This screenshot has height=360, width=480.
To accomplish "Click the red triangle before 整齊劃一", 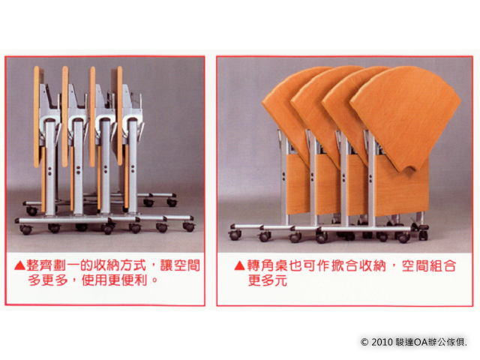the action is coord(20,265).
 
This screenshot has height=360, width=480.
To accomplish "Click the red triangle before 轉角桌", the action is coord(240,265).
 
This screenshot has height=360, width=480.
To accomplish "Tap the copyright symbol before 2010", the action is coord(364,342).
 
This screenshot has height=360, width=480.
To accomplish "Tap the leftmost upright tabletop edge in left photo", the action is coord(37,116).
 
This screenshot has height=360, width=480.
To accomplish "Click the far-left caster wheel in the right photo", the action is coord(235,235).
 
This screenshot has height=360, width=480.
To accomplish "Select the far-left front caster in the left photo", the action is coord(25,229).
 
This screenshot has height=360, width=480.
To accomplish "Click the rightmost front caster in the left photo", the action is coord(189,226).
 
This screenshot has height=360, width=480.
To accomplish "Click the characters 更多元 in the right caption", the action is coord(267,280).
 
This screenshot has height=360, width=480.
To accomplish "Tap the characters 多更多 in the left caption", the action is coord(47,280).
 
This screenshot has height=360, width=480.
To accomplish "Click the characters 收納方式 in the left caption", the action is coord(120,265).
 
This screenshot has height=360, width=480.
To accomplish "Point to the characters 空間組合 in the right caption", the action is coord(429,265).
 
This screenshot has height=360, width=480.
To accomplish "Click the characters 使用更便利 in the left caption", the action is coord(115,280).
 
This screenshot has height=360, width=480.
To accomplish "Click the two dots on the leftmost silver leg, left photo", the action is coord(49,171).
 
